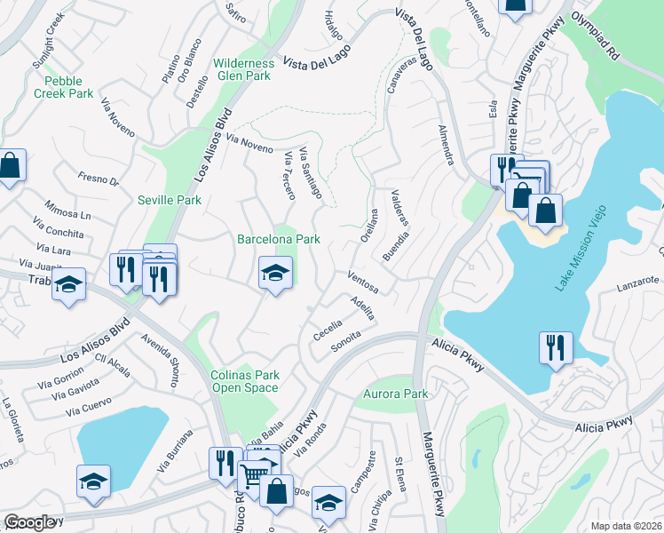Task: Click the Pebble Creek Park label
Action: [x=63, y=86]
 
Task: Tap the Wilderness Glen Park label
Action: [x=244, y=69]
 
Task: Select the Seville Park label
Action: [x=170, y=201]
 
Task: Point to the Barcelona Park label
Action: [x=278, y=239]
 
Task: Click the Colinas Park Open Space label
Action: [x=245, y=381]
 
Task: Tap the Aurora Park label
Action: [x=396, y=394]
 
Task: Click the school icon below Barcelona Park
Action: [x=275, y=274]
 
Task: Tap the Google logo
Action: [x=30, y=522]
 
